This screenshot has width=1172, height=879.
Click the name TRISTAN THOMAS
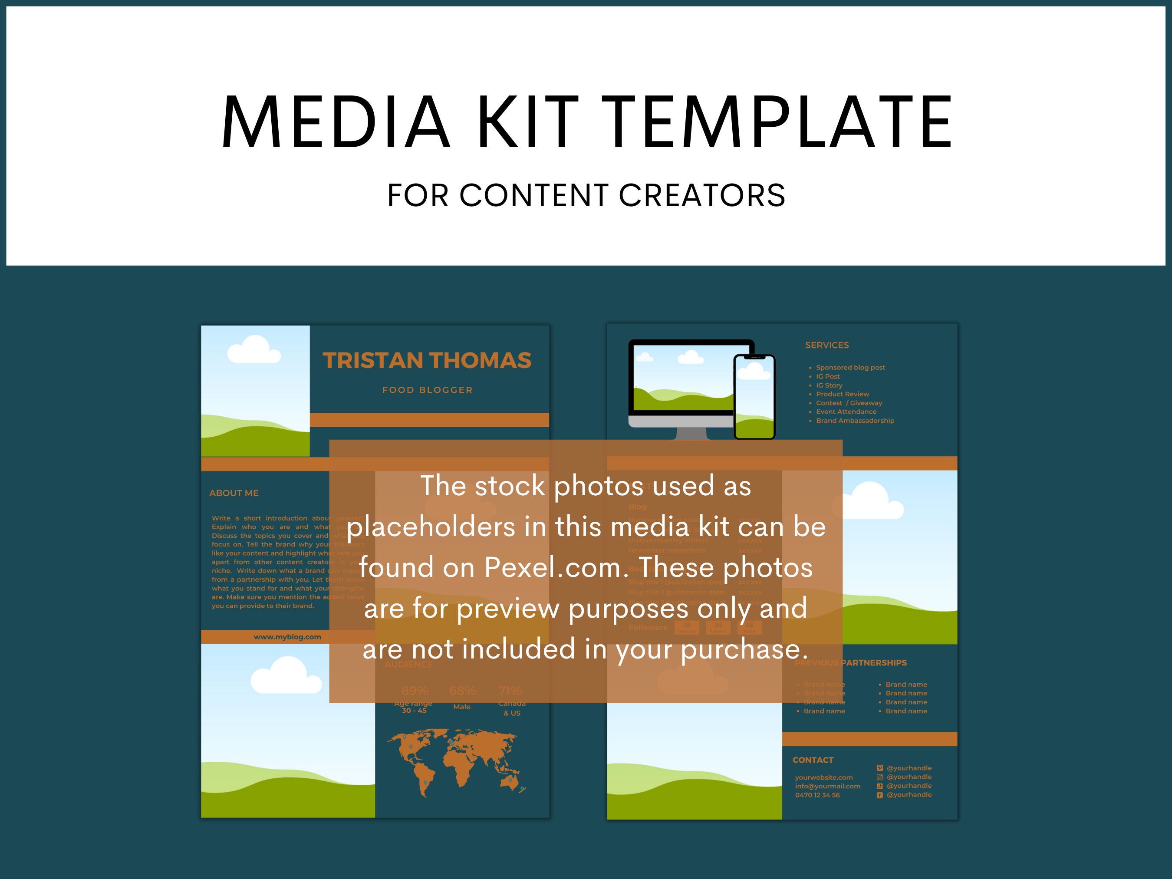(427, 360)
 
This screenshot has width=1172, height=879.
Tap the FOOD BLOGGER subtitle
(427, 390)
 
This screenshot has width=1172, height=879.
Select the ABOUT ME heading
(234, 493)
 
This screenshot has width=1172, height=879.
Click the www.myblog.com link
(287, 637)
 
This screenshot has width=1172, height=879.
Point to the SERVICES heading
(826, 345)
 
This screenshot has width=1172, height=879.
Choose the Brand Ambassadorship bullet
(855, 421)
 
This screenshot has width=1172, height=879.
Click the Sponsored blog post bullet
(850, 368)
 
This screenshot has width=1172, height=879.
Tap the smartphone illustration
(754, 396)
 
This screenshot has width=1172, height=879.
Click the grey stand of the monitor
(691, 433)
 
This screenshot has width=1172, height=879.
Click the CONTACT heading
(813, 760)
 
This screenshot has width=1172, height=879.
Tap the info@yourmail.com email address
(828, 786)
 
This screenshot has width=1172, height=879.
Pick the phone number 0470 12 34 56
(817, 795)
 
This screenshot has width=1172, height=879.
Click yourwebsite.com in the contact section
(824, 777)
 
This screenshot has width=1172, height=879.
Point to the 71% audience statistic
(510, 691)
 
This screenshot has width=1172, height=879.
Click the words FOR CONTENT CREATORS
(586, 195)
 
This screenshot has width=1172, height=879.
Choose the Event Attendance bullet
(846, 412)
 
